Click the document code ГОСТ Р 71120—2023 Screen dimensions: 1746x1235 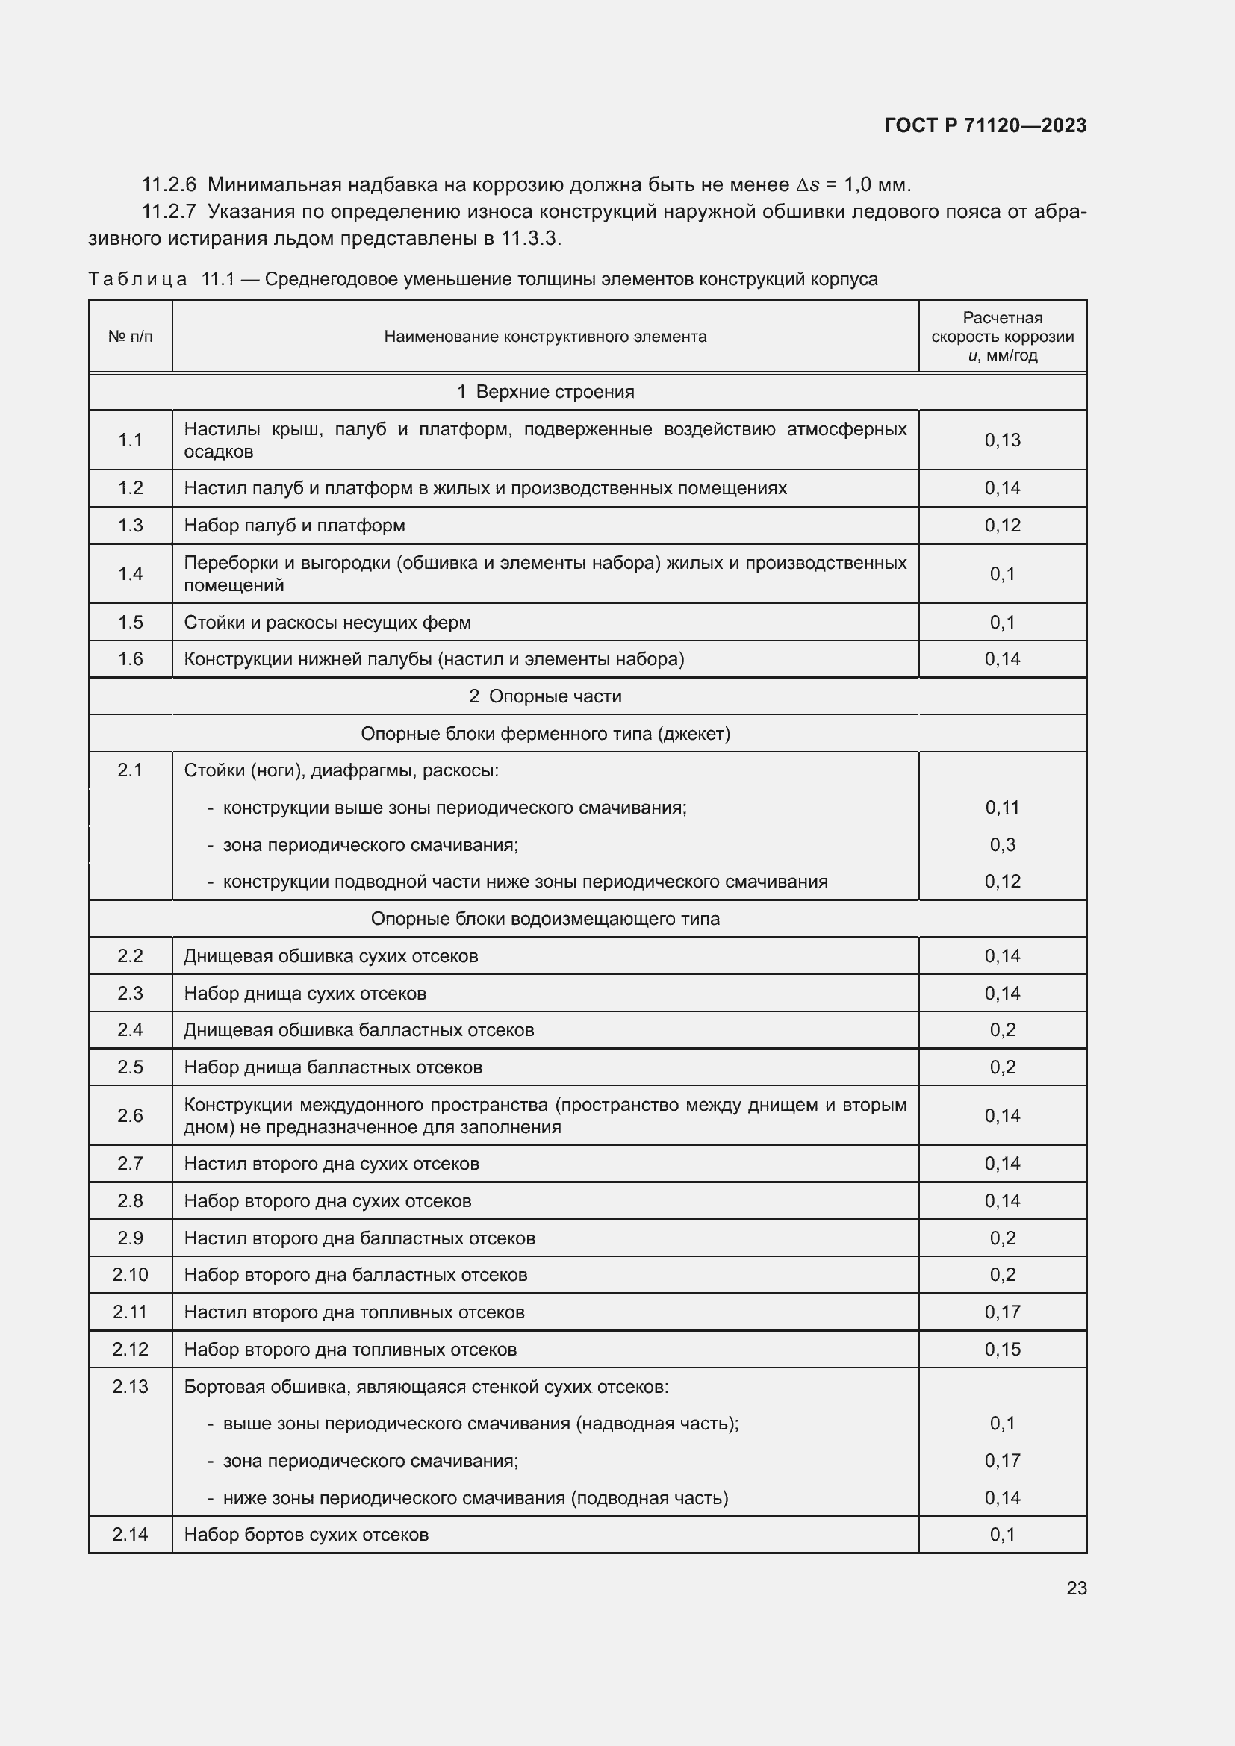tap(985, 125)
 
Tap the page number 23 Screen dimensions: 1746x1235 tap(1076, 1588)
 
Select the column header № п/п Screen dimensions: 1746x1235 tap(130, 336)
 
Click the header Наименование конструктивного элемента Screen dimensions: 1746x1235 tap(545, 336)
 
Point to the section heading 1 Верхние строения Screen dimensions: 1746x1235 tap(545, 392)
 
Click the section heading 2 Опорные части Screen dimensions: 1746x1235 tap(545, 696)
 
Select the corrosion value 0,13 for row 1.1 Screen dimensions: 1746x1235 tap(1002, 440)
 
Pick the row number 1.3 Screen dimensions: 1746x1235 tap(130, 526)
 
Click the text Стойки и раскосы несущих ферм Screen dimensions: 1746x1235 tap(327, 622)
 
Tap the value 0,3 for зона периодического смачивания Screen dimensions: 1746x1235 tap(1002, 844)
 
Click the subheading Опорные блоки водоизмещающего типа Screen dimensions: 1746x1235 tap(545, 919)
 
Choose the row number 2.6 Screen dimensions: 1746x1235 tap(130, 1115)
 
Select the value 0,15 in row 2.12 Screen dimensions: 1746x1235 tap(1002, 1349)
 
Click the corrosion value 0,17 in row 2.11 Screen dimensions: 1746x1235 tap(1002, 1312)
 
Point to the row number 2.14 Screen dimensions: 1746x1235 tap(130, 1535)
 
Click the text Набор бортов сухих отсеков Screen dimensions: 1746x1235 tap(306, 1535)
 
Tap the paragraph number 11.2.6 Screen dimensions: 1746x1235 tap(169, 185)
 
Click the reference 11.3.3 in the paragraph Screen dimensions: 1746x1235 tap(529, 239)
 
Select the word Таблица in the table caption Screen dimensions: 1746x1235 tap(137, 279)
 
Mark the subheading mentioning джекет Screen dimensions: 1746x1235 tap(545, 733)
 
